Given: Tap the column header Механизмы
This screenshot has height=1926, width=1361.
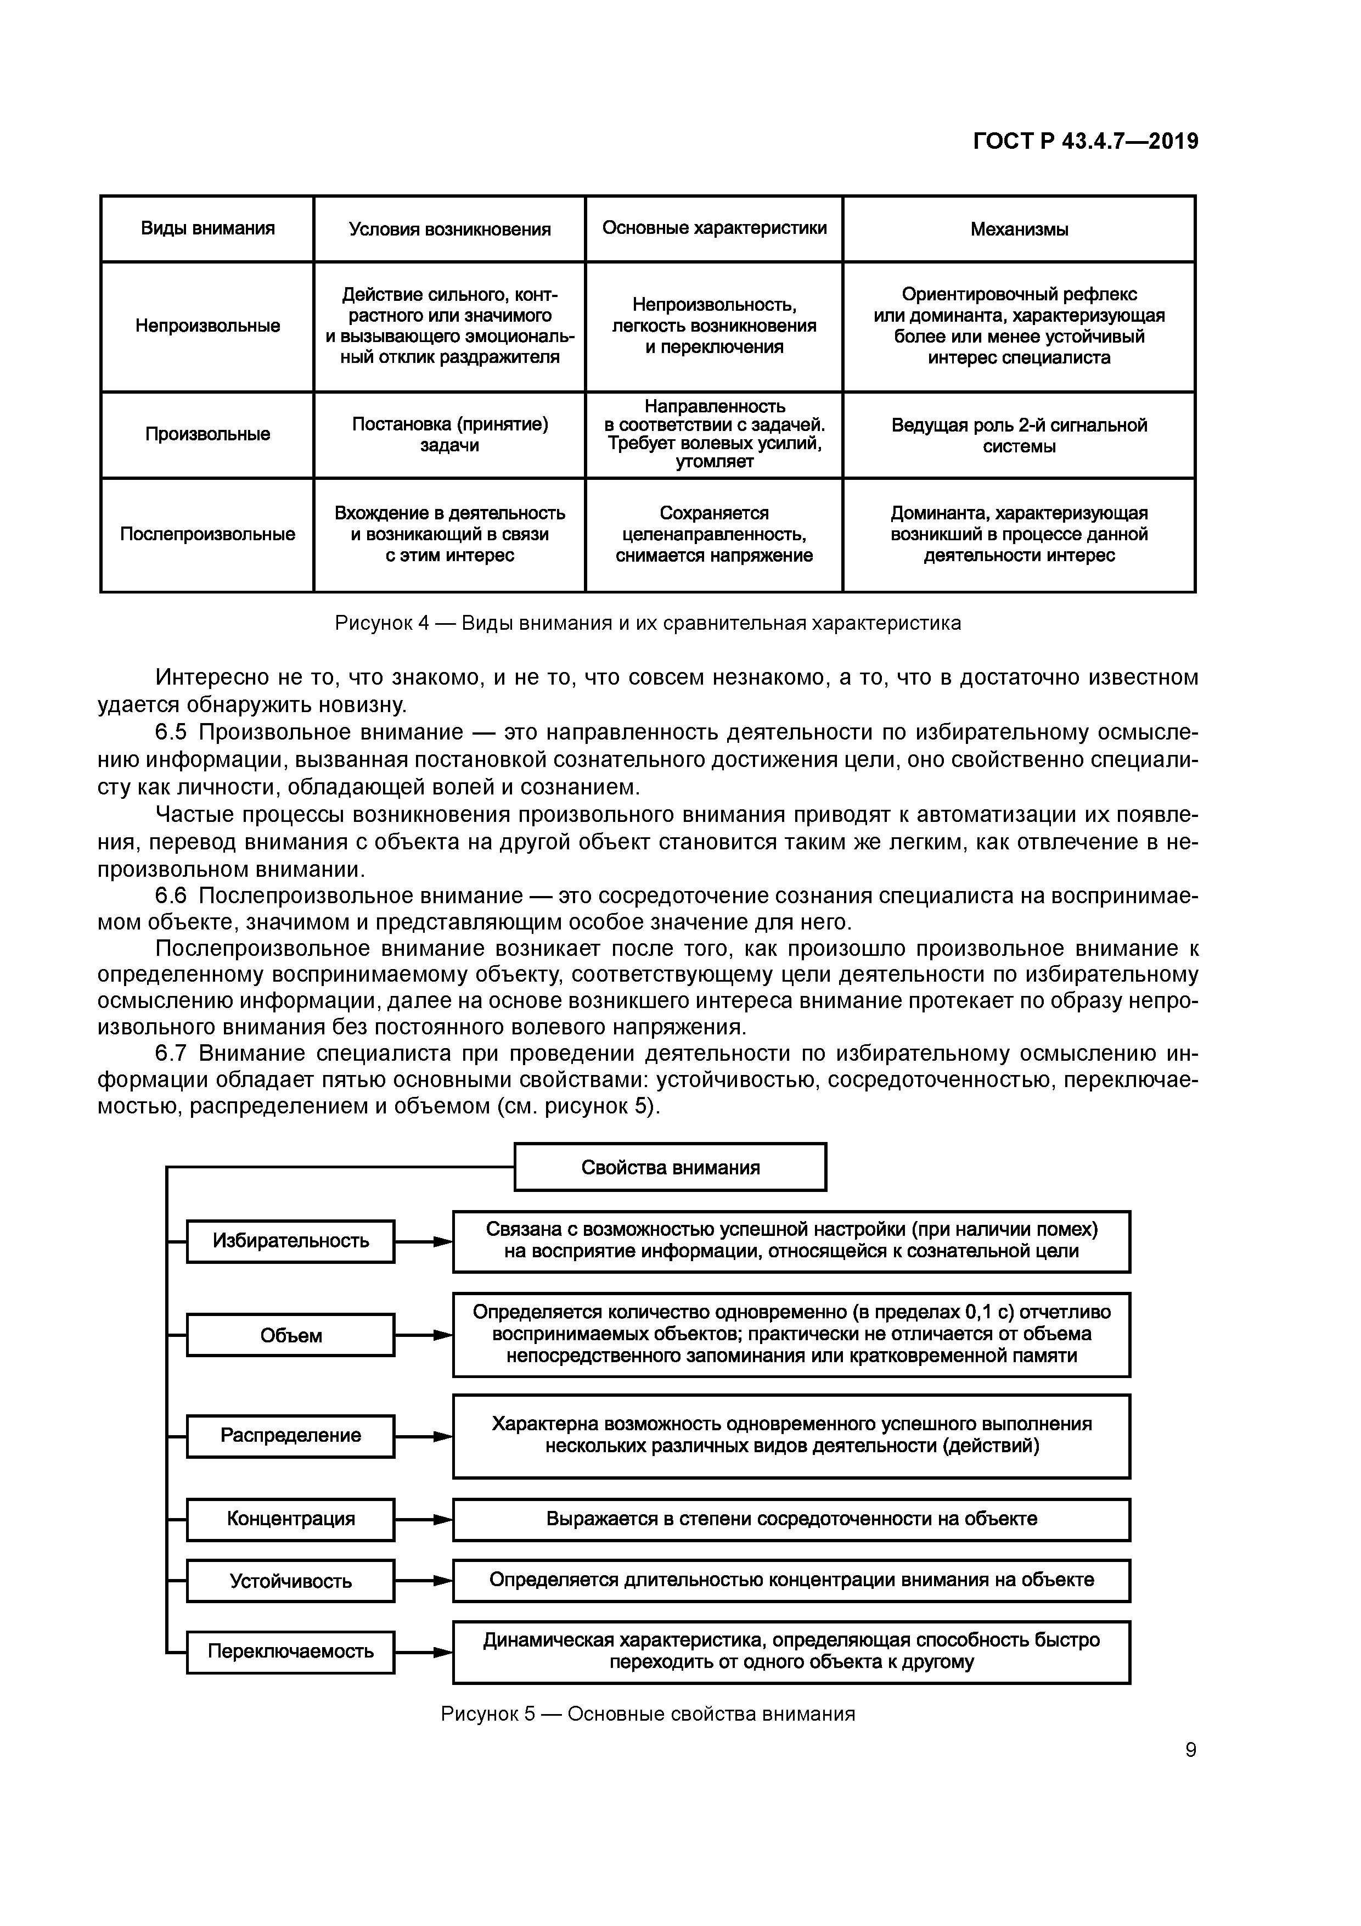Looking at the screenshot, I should click(1019, 229).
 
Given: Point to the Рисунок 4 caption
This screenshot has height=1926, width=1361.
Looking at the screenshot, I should click(648, 623).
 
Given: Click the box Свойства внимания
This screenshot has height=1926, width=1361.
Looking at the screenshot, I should click(670, 1167).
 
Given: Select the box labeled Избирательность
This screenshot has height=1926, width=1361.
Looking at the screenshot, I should click(290, 1241).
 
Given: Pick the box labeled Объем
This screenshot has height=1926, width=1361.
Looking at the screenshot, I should click(290, 1335).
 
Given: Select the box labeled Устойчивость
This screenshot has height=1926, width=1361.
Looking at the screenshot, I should click(290, 1581).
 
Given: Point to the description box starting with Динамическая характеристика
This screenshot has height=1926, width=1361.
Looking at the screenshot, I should click(791, 1651).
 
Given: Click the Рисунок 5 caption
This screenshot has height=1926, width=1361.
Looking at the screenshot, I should click(648, 1714).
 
